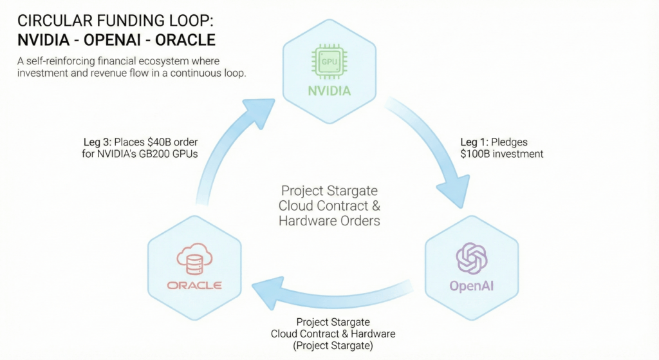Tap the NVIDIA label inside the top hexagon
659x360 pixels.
click(x=329, y=91)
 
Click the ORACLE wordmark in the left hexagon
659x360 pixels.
click(x=194, y=285)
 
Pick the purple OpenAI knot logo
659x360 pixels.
click(x=472, y=258)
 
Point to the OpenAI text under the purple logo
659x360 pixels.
click(x=472, y=285)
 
